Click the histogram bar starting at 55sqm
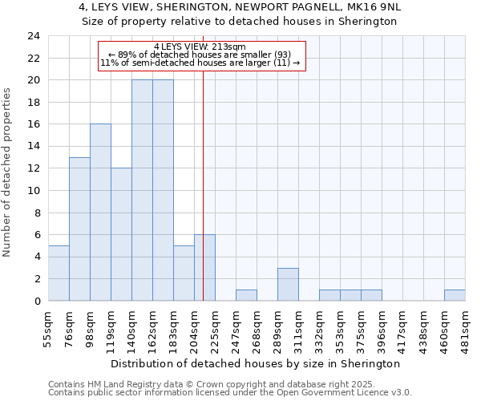click(x=59, y=273)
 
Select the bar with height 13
click(x=79, y=229)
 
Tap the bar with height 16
click(x=100, y=213)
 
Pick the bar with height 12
click(x=121, y=234)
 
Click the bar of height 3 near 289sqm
click(x=288, y=284)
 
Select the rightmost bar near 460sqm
click(x=455, y=295)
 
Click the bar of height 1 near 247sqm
click(x=246, y=295)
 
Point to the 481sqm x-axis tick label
click(x=465, y=327)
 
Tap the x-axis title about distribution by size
click(x=255, y=363)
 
